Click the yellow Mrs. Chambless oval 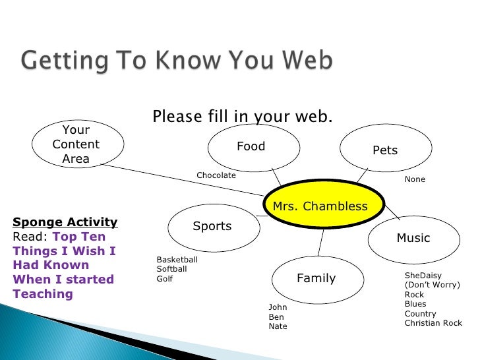coord(324,204)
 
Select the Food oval coord(254,148)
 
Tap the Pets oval coord(386,148)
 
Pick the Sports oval coord(214,228)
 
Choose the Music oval coord(414,240)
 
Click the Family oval coord(318,280)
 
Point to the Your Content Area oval coord(78,144)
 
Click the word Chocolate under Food coord(216,175)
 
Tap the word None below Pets coord(415,179)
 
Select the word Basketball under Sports coord(177,260)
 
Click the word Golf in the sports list coord(164,279)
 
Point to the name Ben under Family coord(276,317)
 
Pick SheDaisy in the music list coord(423,276)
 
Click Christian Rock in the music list coord(433,323)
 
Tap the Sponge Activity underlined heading coord(65,222)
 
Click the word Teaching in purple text coord(43,294)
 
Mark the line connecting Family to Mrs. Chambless coord(321,243)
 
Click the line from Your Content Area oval coord(184,180)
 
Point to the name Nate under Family coord(278,326)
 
